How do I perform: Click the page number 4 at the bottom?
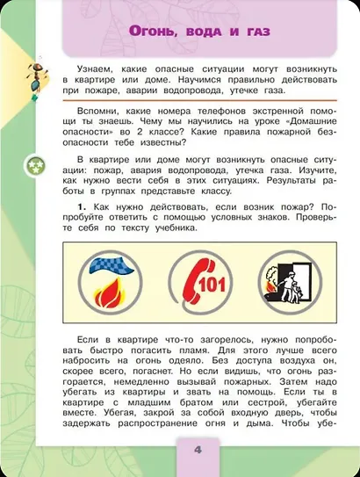click(x=198, y=452)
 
